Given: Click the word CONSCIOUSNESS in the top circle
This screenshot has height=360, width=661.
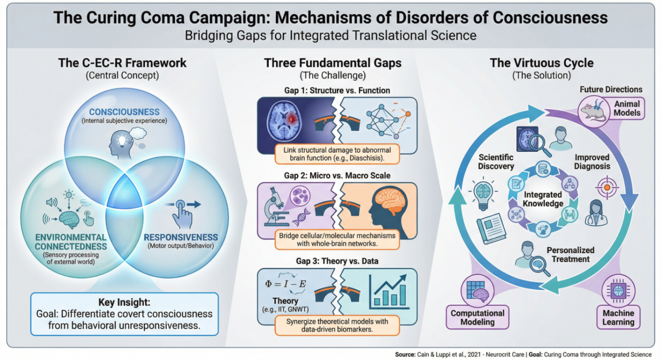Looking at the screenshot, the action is [x=124, y=112].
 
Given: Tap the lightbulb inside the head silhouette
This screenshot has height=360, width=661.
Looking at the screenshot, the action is [x=122, y=140].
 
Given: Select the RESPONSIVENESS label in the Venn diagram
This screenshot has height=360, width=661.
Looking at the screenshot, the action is [x=180, y=237].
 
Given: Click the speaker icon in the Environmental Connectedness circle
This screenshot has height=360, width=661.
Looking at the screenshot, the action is [x=52, y=202].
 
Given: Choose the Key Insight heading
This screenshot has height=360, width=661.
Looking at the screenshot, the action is [x=124, y=302].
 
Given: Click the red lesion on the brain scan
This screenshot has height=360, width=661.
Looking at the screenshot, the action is [x=291, y=119].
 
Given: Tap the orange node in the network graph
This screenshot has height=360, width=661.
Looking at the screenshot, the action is [x=408, y=114].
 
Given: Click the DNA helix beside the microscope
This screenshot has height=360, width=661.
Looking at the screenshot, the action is [x=301, y=217].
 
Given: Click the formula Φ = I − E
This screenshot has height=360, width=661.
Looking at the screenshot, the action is [x=285, y=284].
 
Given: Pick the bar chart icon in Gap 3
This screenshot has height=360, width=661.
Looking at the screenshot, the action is [x=389, y=292].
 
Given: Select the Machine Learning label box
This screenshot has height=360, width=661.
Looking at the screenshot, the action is [x=618, y=317].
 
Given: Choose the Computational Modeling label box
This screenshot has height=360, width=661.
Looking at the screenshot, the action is [x=477, y=317].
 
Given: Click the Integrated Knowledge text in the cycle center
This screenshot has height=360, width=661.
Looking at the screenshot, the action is [x=543, y=199].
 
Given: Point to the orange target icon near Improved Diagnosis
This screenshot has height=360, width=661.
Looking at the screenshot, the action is [x=607, y=187].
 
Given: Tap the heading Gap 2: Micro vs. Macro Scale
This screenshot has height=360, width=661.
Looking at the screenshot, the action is [x=337, y=176].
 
